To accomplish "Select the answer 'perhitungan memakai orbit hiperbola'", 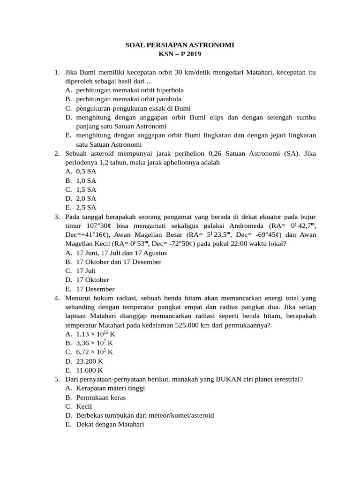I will pyautogui.click(x=130, y=90).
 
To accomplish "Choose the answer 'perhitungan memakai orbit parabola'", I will pyautogui.click(x=128, y=99).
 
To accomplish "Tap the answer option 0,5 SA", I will pyautogui.click(x=86, y=172).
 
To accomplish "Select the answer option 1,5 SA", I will pyautogui.click(x=86, y=190).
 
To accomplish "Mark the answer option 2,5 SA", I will pyautogui.click(x=86, y=208).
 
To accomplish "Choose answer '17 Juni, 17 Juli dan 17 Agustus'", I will pyautogui.click(x=121, y=253).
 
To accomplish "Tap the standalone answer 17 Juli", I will pyautogui.click(x=86, y=271).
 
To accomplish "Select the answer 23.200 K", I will pyautogui.click(x=90, y=361).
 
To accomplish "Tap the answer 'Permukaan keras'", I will pyautogui.click(x=101, y=397).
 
